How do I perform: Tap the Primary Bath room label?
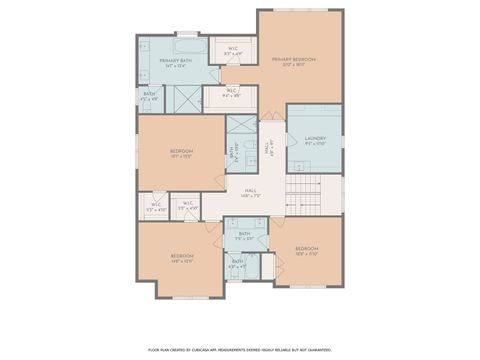177,63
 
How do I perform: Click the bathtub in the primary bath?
186,46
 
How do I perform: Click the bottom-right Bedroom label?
306,249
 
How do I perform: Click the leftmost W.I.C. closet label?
155,207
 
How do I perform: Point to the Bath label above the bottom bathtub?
237,263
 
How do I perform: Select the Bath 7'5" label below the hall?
244,236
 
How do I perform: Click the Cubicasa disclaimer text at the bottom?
239,349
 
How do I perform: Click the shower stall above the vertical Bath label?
240,129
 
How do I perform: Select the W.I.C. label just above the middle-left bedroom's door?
188,205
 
